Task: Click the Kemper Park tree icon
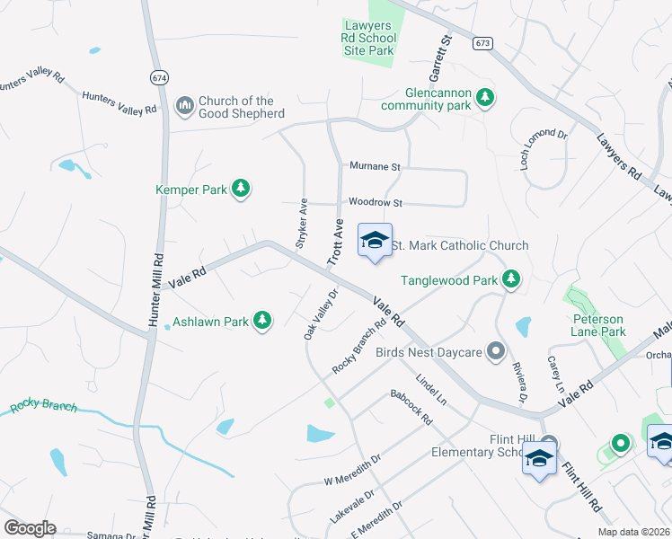240,188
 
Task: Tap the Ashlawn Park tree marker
261,321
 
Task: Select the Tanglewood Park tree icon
511,279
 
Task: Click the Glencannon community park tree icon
485,97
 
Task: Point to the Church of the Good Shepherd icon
185,106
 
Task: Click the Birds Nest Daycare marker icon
496,351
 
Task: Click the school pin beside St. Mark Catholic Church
375,241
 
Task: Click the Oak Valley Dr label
321,314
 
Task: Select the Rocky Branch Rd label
358,347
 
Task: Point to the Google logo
30,528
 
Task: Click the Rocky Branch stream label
44,407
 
